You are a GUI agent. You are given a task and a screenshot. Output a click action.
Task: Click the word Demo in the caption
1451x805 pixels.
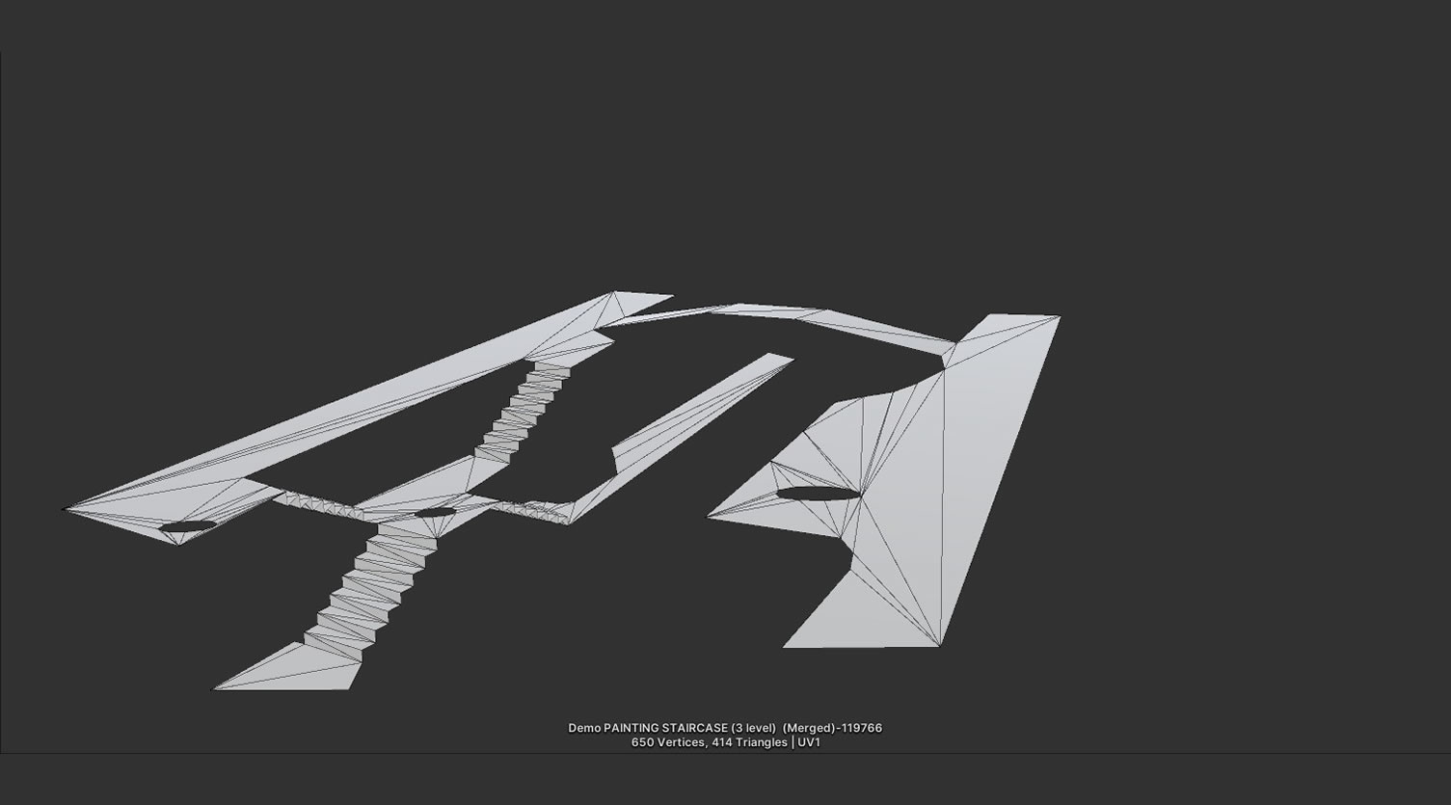tap(583, 728)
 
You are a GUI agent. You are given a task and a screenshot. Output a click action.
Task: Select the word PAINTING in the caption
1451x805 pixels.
tap(631, 728)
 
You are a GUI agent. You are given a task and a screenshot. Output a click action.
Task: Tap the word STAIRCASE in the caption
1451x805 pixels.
tap(694, 728)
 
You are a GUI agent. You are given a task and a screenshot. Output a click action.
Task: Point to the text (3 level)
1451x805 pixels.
tap(753, 728)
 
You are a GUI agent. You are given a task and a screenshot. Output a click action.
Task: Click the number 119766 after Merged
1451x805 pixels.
tap(862, 728)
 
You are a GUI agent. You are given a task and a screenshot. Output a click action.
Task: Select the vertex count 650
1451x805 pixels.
tap(642, 742)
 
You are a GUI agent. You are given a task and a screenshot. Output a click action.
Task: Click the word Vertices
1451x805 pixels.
tap(681, 742)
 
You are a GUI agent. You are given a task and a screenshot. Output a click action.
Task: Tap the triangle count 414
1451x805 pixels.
tap(722, 742)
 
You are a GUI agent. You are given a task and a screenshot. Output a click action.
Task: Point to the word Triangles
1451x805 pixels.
tap(762, 742)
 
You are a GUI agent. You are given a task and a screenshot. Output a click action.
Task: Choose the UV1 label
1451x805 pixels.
tap(809, 742)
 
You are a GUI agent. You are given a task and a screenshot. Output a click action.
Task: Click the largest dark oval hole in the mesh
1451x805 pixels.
tap(818, 494)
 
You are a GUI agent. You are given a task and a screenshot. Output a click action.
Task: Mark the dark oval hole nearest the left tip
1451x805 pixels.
tap(187, 526)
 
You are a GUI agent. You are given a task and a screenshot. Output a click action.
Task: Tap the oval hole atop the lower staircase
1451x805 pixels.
tap(434, 512)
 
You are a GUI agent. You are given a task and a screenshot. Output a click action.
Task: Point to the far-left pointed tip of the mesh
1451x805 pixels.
tap(66, 509)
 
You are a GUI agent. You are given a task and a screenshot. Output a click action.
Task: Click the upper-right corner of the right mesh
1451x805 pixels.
tap(1059, 317)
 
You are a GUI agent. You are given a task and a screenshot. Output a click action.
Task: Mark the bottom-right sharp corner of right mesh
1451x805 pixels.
tap(939, 645)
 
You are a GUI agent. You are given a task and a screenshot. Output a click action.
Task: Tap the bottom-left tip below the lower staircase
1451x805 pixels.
tap(216, 688)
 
